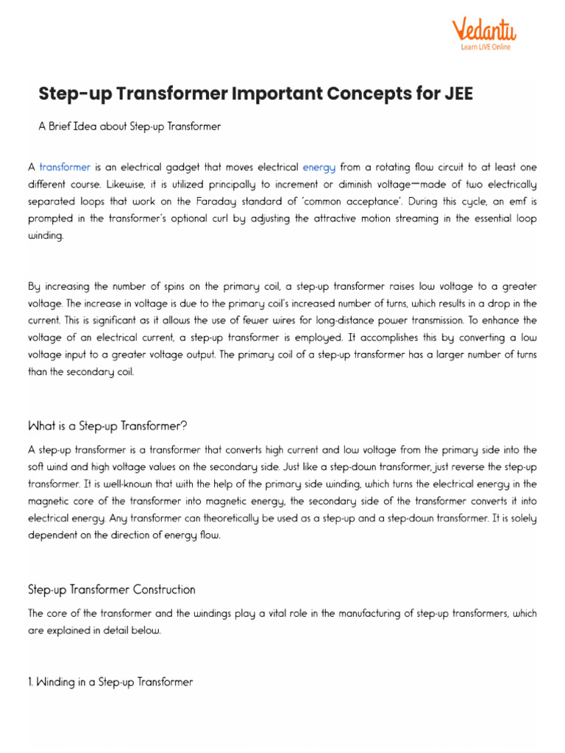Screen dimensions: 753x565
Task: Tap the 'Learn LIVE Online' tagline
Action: (485, 47)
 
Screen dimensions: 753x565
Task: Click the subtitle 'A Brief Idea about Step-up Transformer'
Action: (129, 126)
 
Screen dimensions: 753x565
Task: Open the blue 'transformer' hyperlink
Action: (65, 168)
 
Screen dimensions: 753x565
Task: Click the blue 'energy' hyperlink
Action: (319, 168)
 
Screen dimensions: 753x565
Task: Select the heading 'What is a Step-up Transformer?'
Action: (108, 426)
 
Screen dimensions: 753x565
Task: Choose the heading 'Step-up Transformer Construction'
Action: (112, 590)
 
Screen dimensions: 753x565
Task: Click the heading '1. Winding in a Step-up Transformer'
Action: (110, 682)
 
